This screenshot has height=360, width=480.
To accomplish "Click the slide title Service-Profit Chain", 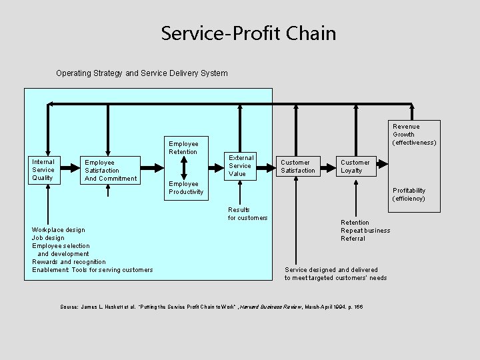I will click(x=248, y=33).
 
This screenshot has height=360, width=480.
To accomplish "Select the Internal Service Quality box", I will click(x=45, y=169).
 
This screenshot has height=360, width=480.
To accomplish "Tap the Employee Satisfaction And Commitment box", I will click(x=111, y=170).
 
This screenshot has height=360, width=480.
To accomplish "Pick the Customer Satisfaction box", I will click(x=299, y=166).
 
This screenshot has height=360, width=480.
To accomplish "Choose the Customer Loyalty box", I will click(x=357, y=166).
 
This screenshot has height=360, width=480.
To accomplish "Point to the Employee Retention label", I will click(x=183, y=147).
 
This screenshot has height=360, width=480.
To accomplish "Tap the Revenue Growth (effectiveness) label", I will click(x=414, y=134).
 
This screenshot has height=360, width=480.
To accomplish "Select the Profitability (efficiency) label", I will click(x=409, y=195).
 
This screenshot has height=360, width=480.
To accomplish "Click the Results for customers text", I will click(x=247, y=213).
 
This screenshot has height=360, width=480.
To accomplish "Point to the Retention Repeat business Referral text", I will click(x=365, y=231).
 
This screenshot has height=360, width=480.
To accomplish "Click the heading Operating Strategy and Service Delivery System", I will click(x=141, y=73).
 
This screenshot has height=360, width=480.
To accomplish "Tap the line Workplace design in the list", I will click(x=58, y=230).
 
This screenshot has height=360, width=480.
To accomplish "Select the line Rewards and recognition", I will click(x=69, y=262).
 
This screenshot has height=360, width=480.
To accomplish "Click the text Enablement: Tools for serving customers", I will click(x=92, y=270).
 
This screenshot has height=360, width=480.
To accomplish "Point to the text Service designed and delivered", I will click(x=331, y=270).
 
